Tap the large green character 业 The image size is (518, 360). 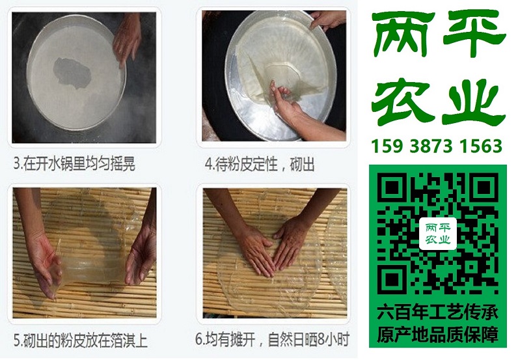pyautogui.click(x=474, y=102)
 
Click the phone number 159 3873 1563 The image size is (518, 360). pyautogui.click(x=437, y=146)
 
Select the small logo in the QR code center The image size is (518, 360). pyautogui.click(x=438, y=234)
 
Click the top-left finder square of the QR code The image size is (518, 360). pyautogui.click(x=392, y=187)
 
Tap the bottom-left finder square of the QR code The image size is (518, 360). pyautogui.click(x=392, y=280)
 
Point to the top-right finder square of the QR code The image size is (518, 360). pyautogui.click(x=484, y=187)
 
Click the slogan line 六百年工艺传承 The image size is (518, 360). pyautogui.click(x=438, y=312)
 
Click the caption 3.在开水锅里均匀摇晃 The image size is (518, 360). pyautogui.click(x=74, y=163)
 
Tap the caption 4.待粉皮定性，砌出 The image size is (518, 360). pyautogui.click(x=260, y=164)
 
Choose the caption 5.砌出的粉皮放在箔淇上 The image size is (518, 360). pyautogui.click(x=80, y=340)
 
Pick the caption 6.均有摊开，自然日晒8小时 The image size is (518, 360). pyautogui.click(x=272, y=339)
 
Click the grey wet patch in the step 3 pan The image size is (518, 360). pyautogui.click(x=72, y=73)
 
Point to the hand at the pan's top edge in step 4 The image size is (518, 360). pyautogui.click(x=327, y=20)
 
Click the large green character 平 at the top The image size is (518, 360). pyautogui.click(x=474, y=33)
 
